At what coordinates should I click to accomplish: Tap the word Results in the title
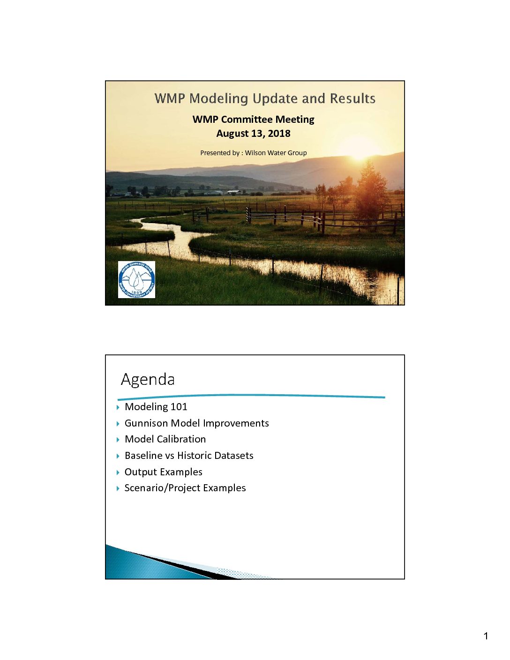click(x=352, y=98)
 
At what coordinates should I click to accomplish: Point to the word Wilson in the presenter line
click(x=255, y=153)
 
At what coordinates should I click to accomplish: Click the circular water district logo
click(x=136, y=279)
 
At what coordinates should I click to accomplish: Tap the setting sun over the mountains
click(x=360, y=152)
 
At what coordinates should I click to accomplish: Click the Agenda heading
click(x=148, y=380)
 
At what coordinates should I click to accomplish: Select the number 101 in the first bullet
click(x=179, y=407)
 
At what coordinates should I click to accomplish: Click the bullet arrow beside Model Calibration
click(x=118, y=440)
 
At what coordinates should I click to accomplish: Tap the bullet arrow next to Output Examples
click(x=118, y=472)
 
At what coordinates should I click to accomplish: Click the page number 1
click(x=486, y=636)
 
